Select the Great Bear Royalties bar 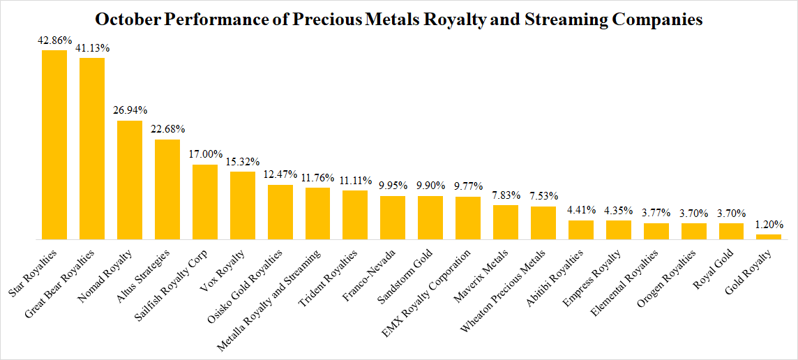(x=92, y=149)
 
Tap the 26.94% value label (x=130, y=110)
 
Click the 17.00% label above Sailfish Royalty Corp (x=205, y=154)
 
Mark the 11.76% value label (x=318, y=177)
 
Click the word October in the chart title (x=128, y=19)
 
